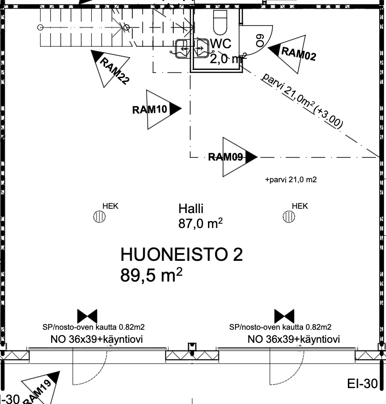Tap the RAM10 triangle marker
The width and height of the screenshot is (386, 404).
tap(157, 109)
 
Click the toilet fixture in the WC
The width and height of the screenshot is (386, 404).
tap(221, 23)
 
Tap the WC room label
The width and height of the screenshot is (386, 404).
tap(221, 44)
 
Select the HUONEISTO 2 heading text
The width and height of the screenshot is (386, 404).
tap(181, 255)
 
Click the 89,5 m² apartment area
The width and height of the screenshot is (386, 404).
tap(152, 275)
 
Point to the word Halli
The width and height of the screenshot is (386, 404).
tap(191, 209)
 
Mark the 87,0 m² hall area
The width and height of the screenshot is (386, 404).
tap(200, 223)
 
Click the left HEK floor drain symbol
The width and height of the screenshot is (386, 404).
tap(99, 216)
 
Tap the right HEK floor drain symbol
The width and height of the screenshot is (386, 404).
tap(289, 216)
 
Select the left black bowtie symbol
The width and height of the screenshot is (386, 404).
tap(87, 316)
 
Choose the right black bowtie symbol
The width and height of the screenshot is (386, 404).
tap(284, 316)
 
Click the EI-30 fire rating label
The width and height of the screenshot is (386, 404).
tap(362, 384)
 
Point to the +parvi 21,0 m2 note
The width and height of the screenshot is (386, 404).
tap(291, 180)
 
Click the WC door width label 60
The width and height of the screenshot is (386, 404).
tap(260, 40)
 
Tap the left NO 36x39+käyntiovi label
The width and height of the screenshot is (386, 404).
tap(96, 339)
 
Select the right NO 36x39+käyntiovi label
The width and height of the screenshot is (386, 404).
tap(294, 339)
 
